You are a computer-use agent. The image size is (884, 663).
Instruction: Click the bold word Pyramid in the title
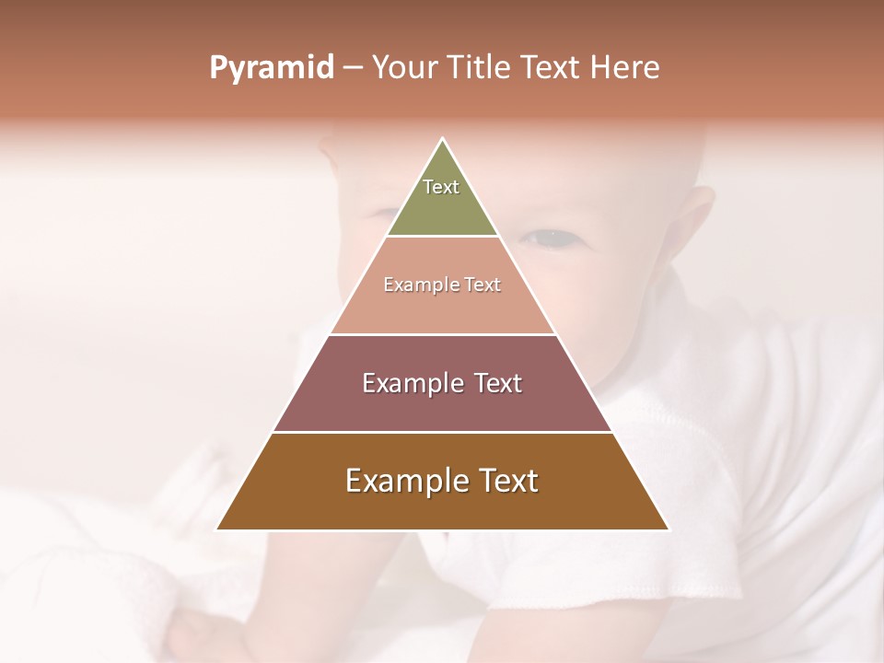point(272,68)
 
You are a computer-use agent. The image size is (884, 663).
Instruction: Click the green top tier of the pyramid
point(442,207)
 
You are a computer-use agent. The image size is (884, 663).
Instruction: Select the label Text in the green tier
point(441,187)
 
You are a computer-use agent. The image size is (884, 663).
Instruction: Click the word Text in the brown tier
point(508,481)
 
